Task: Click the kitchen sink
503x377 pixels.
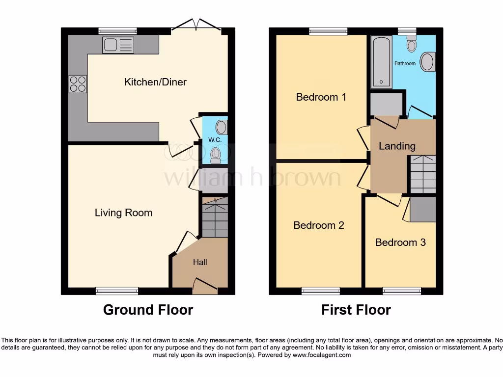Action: pyautogui.click(x=118, y=45)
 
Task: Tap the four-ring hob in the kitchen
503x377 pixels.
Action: pyautogui.click(x=77, y=83)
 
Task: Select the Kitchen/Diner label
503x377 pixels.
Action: pyautogui.click(x=155, y=82)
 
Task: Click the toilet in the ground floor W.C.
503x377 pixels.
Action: pyautogui.click(x=216, y=156)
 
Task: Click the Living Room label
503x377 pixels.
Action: pyautogui.click(x=123, y=213)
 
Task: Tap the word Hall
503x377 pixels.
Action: pyautogui.click(x=200, y=263)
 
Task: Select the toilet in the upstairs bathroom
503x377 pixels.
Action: pyautogui.click(x=411, y=44)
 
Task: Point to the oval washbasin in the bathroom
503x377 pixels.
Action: pyautogui.click(x=428, y=62)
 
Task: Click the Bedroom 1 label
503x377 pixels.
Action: pyautogui.click(x=321, y=97)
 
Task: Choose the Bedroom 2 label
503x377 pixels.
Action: pyautogui.click(x=319, y=225)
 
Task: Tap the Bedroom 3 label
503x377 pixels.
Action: pyautogui.click(x=400, y=242)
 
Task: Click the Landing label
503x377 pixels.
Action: pyautogui.click(x=397, y=146)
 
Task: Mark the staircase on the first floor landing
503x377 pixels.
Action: pyautogui.click(x=422, y=174)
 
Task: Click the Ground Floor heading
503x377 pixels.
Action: pyautogui.click(x=148, y=310)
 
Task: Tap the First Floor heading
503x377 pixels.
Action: pyautogui.click(x=356, y=310)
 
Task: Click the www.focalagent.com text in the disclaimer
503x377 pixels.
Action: pyautogui.click(x=322, y=355)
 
